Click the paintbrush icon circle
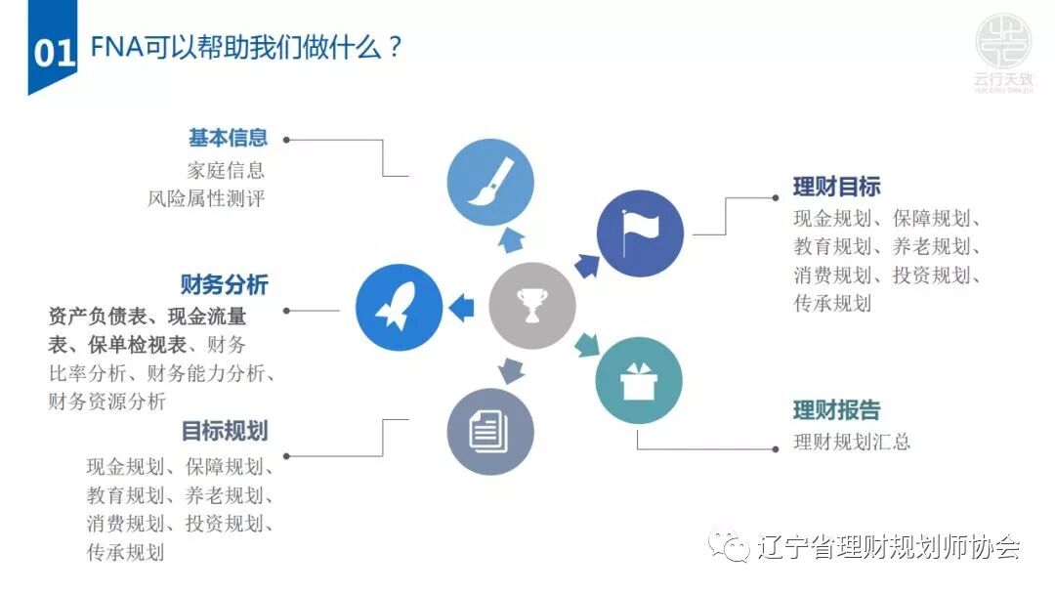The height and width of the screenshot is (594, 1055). pyautogui.click(x=490, y=183)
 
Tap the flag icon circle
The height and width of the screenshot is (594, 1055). pyautogui.click(x=640, y=233)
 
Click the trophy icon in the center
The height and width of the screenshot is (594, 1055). pyautogui.click(x=531, y=306)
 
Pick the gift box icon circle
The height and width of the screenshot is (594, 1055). pyautogui.click(x=639, y=380)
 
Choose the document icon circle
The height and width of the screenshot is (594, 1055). pyautogui.click(x=490, y=431)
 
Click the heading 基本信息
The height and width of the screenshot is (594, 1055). pyautogui.click(x=228, y=139)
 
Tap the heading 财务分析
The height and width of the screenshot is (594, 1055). pyautogui.click(x=224, y=285)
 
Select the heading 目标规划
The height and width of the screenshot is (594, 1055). pyautogui.click(x=224, y=431)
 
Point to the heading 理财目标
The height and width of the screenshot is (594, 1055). pyautogui.click(x=836, y=187)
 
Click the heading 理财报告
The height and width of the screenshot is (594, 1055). pyautogui.click(x=836, y=409)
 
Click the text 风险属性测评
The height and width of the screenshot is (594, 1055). pyautogui.click(x=205, y=199)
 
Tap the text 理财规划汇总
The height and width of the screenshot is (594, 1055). pyautogui.click(x=852, y=442)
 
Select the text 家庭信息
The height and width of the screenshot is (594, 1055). pyautogui.click(x=225, y=170)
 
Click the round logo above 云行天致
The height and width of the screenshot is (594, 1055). pyautogui.click(x=1002, y=39)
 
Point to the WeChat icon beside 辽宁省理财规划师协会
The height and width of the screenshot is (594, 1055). pyautogui.click(x=731, y=547)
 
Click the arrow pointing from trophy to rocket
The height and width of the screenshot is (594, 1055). pyautogui.click(x=461, y=308)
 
